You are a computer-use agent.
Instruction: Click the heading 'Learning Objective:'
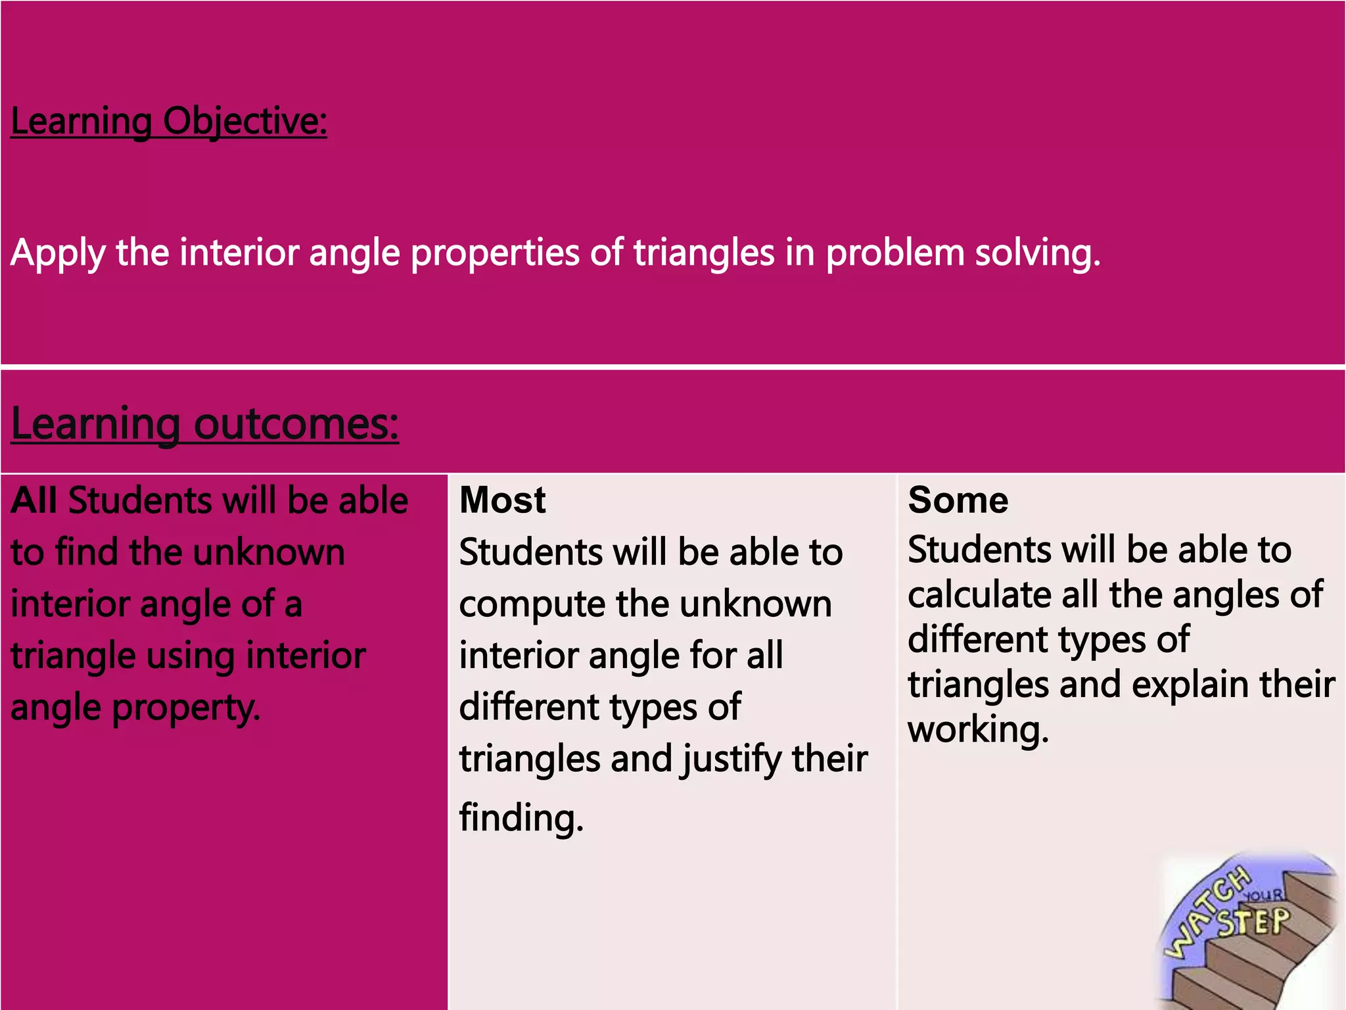tap(169, 122)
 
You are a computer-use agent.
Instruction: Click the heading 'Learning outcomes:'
tap(204, 424)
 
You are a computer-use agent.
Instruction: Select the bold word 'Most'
tap(503, 500)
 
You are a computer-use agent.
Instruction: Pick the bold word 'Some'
tap(958, 500)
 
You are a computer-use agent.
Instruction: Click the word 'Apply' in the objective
tap(58, 253)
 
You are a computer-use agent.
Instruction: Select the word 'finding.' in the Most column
tap(521, 818)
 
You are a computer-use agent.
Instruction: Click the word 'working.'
tap(978, 730)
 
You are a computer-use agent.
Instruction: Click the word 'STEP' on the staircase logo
tap(1254, 922)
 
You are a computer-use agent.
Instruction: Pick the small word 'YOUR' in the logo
tap(1263, 896)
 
